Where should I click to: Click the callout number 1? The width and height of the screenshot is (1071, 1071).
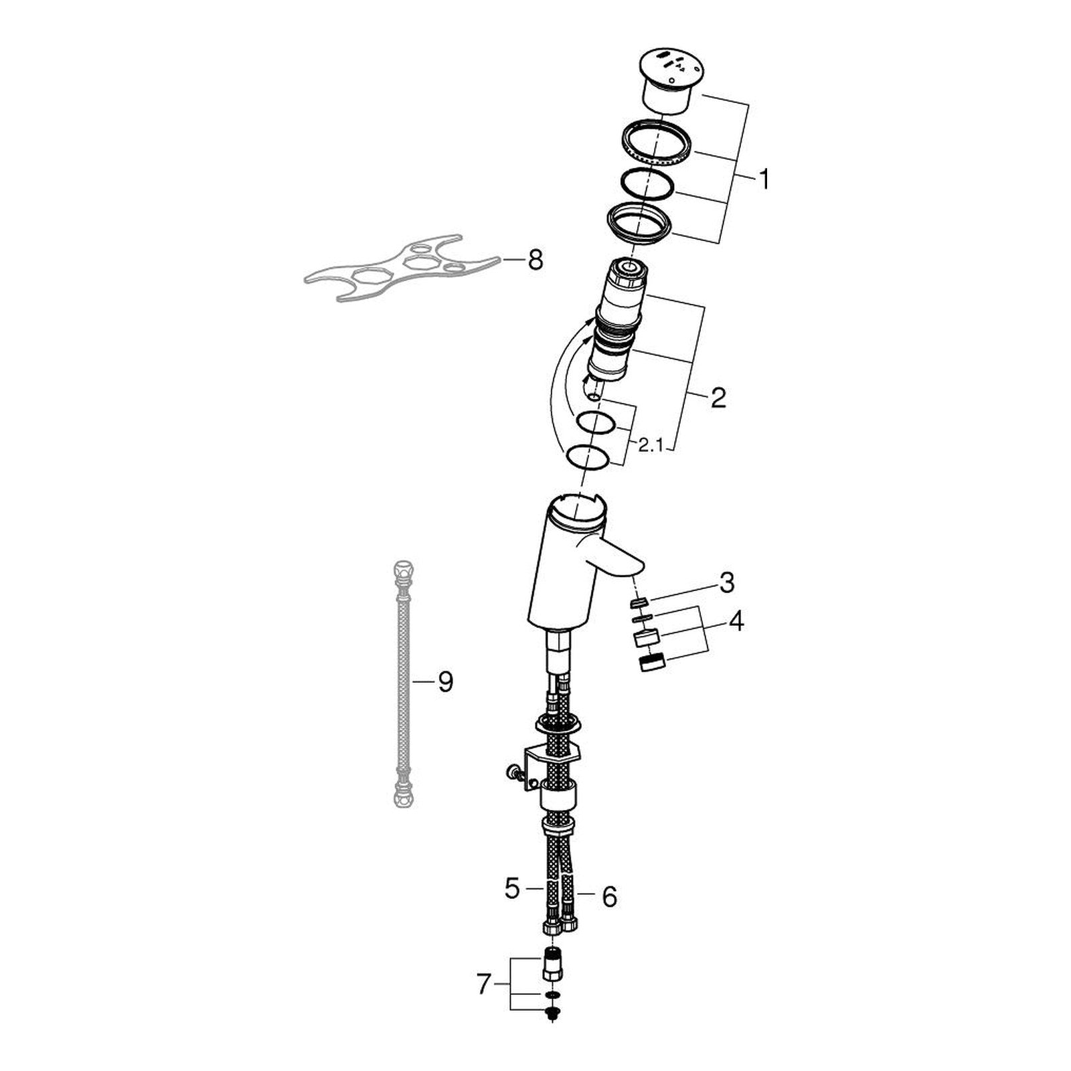click(x=763, y=179)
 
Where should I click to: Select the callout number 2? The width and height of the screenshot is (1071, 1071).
click(x=718, y=398)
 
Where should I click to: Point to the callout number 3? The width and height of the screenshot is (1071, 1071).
click(x=727, y=582)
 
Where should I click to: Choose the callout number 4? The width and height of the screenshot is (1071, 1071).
click(x=736, y=621)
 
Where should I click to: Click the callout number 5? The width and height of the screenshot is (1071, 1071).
click(x=512, y=889)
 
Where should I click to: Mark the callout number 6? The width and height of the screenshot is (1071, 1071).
click(x=609, y=897)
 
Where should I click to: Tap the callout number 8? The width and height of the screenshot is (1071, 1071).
click(x=535, y=260)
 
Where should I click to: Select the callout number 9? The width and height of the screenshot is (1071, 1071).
click(x=445, y=682)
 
